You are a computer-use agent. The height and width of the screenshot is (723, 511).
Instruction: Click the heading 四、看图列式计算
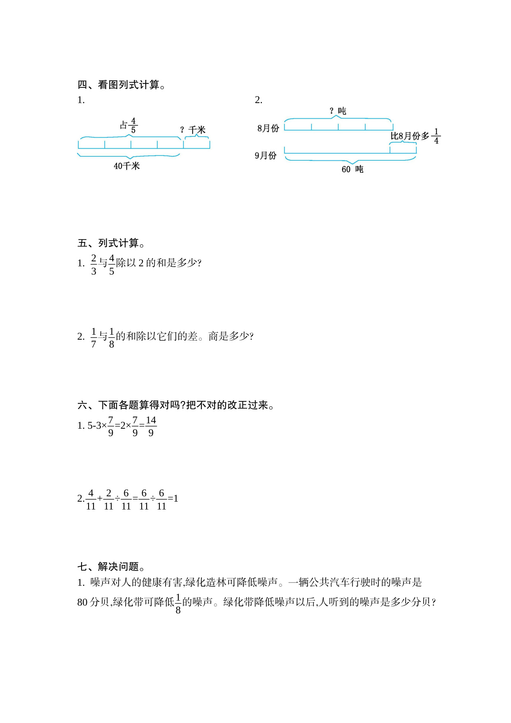pyautogui.click(x=121, y=85)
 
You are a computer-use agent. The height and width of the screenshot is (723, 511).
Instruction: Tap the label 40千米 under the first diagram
pyautogui.click(x=127, y=166)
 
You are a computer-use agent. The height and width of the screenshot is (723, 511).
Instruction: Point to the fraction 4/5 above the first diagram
pyautogui.click(x=133, y=125)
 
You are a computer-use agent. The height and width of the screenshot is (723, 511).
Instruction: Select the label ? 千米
pyautogui.click(x=193, y=130)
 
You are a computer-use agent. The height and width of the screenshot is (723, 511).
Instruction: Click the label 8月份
pyautogui.click(x=268, y=128)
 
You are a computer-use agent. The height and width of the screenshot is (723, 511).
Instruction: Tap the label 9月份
pyautogui.click(x=266, y=155)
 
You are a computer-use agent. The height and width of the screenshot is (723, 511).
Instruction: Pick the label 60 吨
pyautogui.click(x=352, y=169)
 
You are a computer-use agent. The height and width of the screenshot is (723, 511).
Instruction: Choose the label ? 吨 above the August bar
pyautogui.click(x=338, y=111)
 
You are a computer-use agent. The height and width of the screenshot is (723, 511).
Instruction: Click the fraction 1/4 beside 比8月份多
pyautogui.click(x=436, y=136)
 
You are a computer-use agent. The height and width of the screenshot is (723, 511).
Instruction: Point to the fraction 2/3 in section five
pyautogui.click(x=94, y=264)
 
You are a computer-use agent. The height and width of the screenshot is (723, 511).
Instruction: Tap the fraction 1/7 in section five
pyautogui.click(x=94, y=338)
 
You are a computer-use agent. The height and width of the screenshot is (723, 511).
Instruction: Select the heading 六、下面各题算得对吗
pyautogui.click(x=176, y=405)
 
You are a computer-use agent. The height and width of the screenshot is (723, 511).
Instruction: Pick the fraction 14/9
pyautogui.click(x=151, y=426)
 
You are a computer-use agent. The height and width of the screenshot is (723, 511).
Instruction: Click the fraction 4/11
pyautogui.click(x=91, y=500)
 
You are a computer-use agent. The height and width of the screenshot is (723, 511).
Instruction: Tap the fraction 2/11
pyautogui.click(x=109, y=500)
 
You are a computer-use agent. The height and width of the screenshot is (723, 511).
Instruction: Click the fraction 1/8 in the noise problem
pyautogui.click(x=178, y=603)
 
